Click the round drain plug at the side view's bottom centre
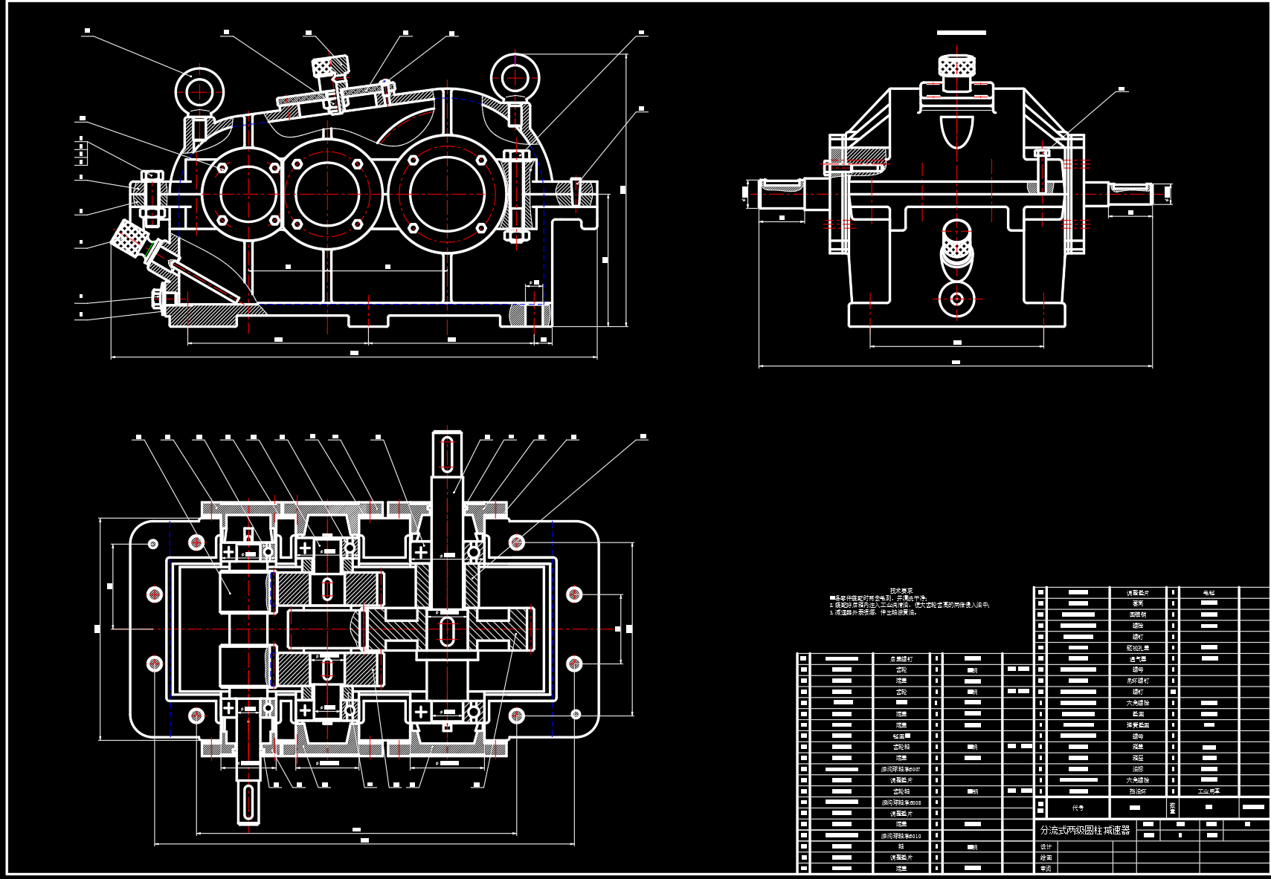click(956, 299)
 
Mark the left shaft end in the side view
click(781, 192)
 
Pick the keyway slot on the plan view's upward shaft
click(447, 454)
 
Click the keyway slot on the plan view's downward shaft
click(248, 801)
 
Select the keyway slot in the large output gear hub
click(447, 630)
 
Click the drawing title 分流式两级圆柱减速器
click(1084, 830)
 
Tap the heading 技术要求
click(901, 591)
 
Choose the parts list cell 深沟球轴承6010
click(901, 836)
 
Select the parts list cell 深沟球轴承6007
click(901, 769)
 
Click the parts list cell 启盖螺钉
click(901, 659)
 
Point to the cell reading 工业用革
click(1209, 791)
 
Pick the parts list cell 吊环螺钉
click(1138, 681)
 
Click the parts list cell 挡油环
click(1138, 791)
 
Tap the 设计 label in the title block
click(1046, 847)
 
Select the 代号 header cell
click(1078, 807)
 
